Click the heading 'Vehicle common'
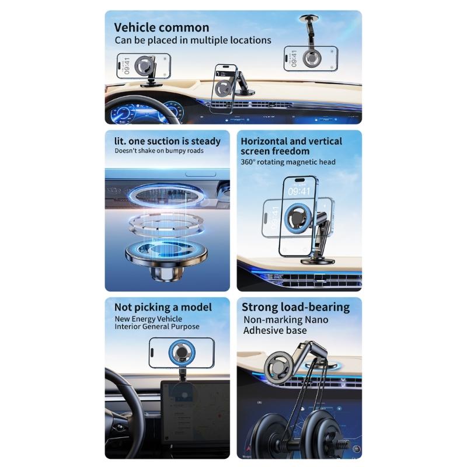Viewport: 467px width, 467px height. tap(162, 27)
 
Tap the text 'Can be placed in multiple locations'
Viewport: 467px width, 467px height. tap(193, 40)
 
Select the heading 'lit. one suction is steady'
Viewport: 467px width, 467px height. tap(168, 141)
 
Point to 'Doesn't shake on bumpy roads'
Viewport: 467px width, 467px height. tap(159, 151)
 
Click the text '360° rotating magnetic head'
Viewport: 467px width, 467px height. tap(288, 162)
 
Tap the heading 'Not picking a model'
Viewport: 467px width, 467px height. tap(163, 307)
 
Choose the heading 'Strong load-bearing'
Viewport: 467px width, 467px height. tap(295, 308)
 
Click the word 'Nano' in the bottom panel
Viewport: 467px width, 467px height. tap(316, 319)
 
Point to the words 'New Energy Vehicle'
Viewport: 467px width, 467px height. tap(148, 319)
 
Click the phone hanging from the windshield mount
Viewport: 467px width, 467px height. tap(311, 58)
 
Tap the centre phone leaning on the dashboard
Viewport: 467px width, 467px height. tap(224, 89)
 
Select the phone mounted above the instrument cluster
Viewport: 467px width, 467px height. tap(144, 66)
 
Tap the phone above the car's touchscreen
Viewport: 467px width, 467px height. tap(182, 353)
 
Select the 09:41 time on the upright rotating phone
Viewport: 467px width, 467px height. tap(299, 191)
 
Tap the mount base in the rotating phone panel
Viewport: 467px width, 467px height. tap(318, 261)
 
